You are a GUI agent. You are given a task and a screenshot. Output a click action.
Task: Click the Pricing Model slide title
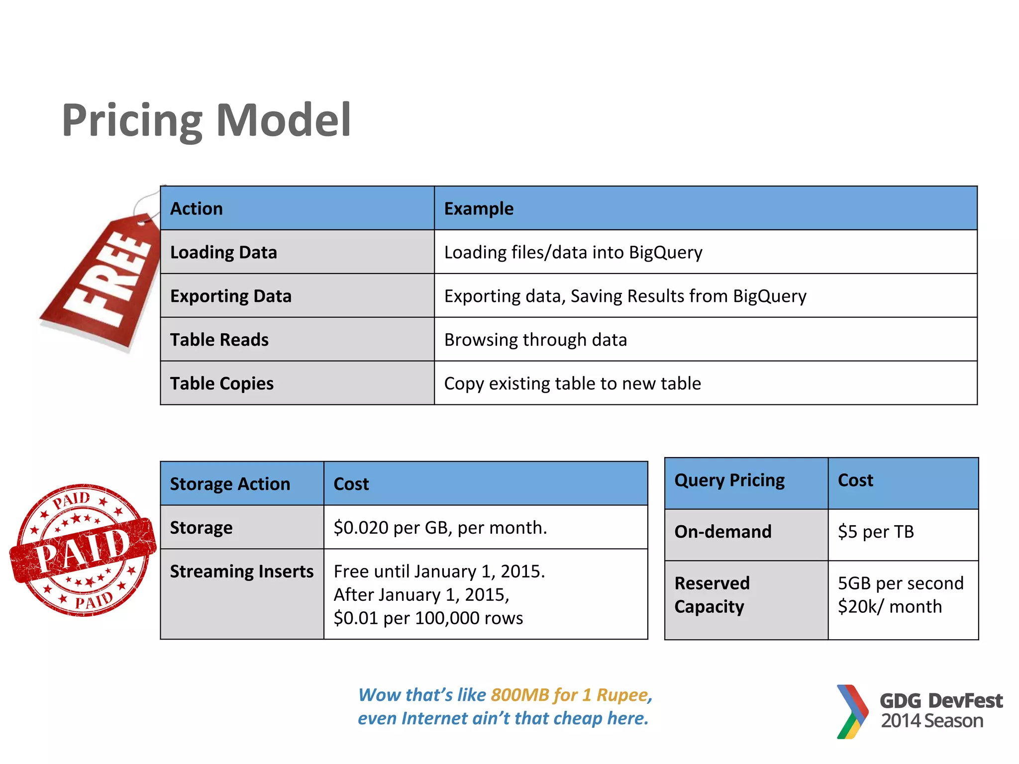click(206, 120)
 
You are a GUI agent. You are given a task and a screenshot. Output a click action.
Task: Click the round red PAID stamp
click(83, 550)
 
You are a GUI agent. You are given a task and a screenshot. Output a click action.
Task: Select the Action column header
click(197, 208)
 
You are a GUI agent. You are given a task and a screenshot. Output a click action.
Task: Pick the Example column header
click(479, 208)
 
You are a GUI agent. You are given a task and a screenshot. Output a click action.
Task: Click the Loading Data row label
click(223, 252)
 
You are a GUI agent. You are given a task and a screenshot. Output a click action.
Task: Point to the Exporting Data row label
click(231, 296)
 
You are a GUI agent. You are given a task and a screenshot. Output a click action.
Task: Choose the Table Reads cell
click(219, 340)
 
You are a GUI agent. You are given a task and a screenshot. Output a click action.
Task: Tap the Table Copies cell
click(222, 383)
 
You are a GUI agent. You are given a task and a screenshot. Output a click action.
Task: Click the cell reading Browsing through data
click(535, 340)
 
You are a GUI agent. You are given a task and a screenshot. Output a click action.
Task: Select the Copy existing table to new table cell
click(572, 383)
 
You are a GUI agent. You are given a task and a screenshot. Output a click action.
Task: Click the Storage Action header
click(230, 484)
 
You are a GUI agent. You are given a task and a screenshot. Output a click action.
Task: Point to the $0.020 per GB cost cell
click(440, 527)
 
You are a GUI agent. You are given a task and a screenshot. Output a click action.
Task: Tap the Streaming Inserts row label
click(242, 572)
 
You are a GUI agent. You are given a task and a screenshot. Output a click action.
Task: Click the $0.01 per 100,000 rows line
click(428, 618)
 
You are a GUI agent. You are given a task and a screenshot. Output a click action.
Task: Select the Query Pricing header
click(729, 480)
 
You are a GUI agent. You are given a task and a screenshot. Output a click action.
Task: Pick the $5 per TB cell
click(876, 532)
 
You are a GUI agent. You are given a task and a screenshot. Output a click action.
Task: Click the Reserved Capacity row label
click(712, 595)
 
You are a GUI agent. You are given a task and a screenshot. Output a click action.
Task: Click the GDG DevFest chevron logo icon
click(852, 711)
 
